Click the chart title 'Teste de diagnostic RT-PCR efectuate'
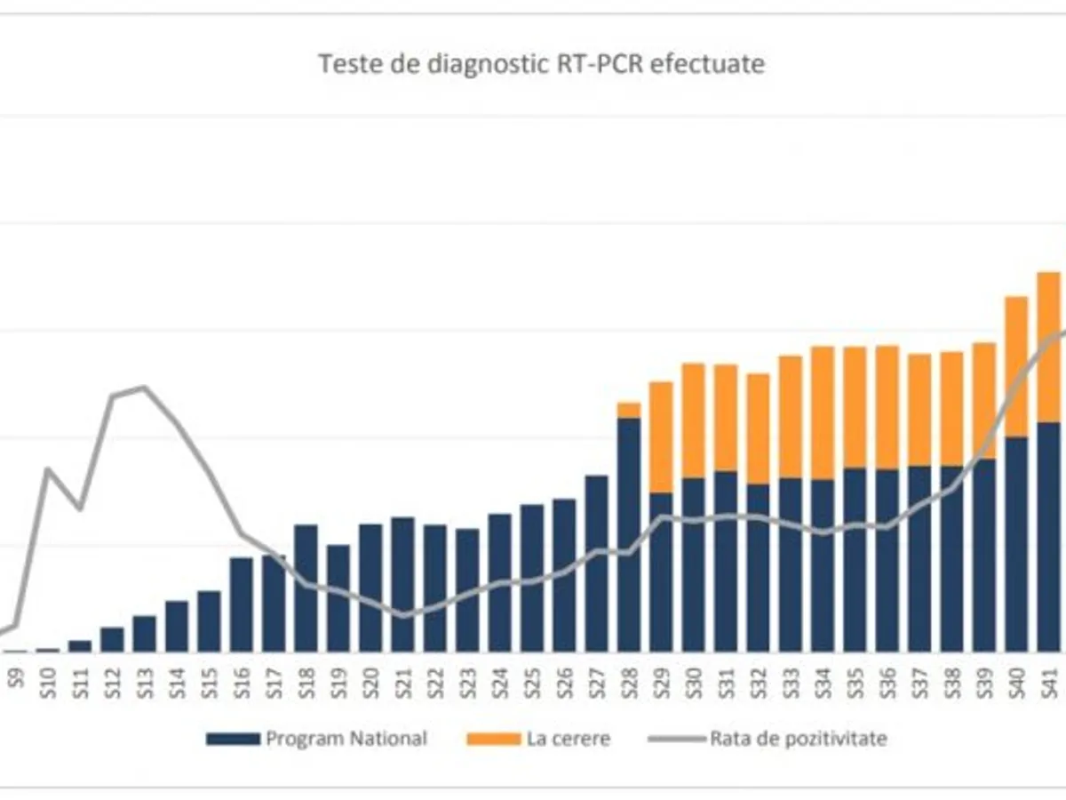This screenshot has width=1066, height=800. tap(541, 64)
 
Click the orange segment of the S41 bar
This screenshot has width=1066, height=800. tap(1049, 347)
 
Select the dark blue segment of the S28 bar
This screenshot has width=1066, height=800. tap(629, 533)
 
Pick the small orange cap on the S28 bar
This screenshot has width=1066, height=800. tap(629, 410)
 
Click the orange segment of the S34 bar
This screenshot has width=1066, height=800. tap(823, 412)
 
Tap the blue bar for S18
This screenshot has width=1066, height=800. tap(306, 588)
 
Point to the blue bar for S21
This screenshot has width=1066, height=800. tap(403, 584)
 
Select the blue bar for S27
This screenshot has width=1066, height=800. tap(597, 563)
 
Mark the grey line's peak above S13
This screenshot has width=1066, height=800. tap(145, 387)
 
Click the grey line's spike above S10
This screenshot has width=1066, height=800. tap(48, 468)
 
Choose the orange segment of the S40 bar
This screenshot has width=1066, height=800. tap(1016, 366)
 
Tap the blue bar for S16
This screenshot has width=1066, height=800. tap(242, 604)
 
